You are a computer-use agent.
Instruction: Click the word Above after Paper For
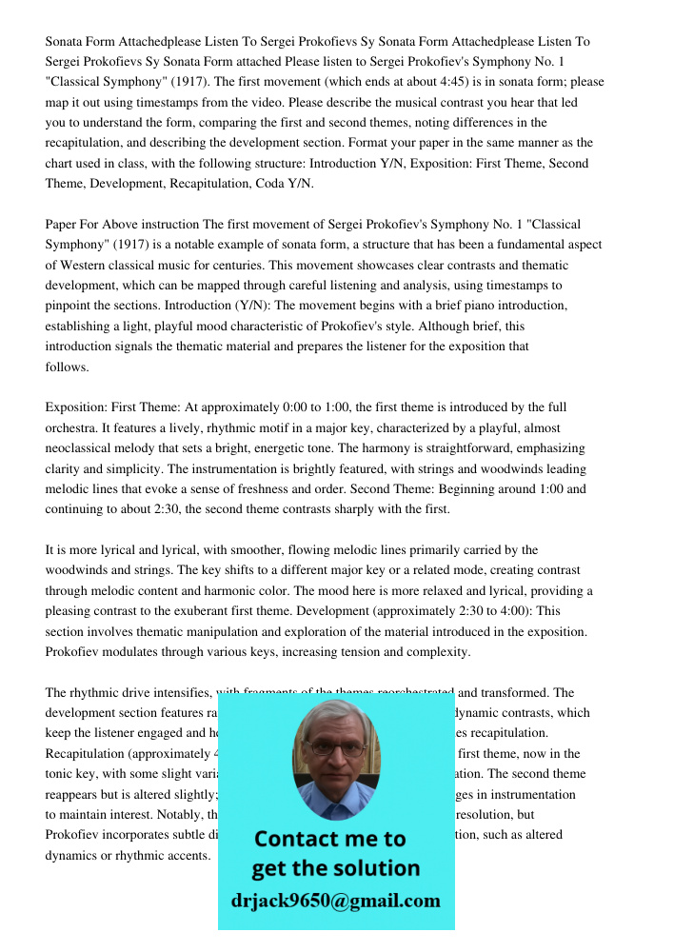point(128,225)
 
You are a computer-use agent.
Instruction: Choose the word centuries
point(258,266)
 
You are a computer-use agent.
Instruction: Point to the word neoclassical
point(87,448)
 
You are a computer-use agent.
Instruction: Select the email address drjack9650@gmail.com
point(336,901)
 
